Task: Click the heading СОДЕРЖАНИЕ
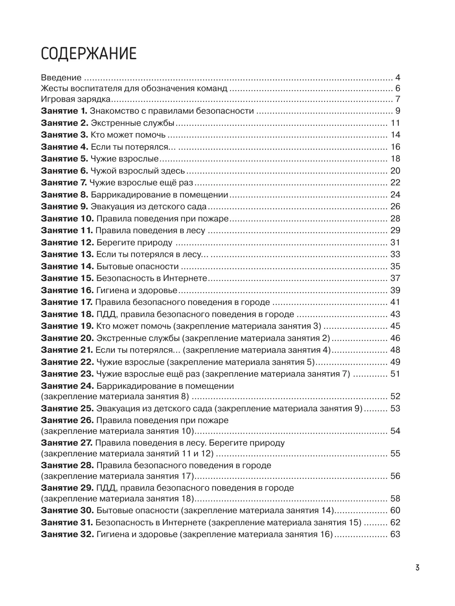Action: (88, 54)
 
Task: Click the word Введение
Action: (61, 78)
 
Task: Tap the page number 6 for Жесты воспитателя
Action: (398, 89)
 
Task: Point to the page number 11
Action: (395, 123)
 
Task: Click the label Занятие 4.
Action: (64, 147)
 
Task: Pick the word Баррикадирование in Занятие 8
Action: (121, 195)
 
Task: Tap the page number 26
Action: (395, 207)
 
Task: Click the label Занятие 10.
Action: (67, 219)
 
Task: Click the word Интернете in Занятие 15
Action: (185, 278)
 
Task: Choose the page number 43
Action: (395, 314)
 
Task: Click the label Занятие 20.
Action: (67, 338)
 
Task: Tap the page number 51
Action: (395, 374)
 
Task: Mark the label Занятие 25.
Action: (67, 409)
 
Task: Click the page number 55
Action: (395, 454)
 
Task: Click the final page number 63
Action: (395, 535)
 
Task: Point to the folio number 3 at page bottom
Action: (417, 568)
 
